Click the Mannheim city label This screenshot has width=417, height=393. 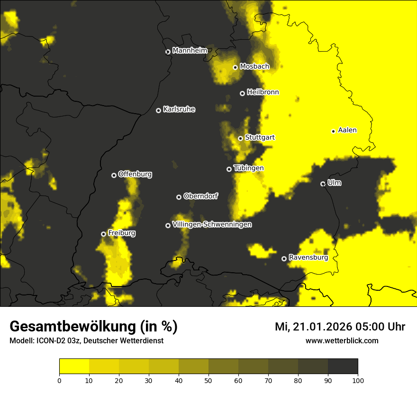point(190,51)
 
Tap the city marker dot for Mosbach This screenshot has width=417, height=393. point(235,67)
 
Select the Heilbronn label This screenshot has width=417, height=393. point(263,92)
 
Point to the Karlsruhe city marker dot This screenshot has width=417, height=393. point(158,110)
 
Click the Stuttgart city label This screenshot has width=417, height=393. point(260,138)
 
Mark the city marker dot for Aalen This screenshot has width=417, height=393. point(333,131)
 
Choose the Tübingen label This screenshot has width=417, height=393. point(248,168)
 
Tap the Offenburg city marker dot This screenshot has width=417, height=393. point(114,175)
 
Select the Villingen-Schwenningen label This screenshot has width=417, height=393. point(212,224)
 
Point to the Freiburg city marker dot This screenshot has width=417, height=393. point(103,234)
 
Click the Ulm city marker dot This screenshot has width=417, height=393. point(323,184)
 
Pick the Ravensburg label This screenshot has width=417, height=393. point(308,258)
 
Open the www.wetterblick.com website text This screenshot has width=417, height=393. point(342,340)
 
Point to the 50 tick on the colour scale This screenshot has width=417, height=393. point(208,380)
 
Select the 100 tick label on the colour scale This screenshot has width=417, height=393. point(358,380)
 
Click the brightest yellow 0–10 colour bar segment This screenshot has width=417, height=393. point(74,366)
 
